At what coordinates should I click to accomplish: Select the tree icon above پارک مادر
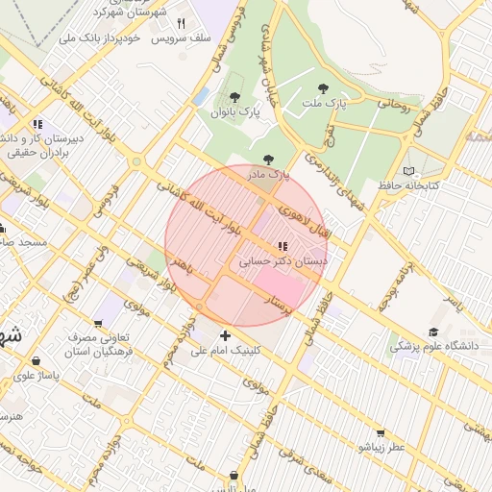(268, 160)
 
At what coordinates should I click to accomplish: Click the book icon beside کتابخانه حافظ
(409, 170)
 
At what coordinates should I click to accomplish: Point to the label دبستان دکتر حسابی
(283, 260)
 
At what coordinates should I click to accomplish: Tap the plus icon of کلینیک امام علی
(225, 335)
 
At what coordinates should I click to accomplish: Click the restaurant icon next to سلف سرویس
(180, 23)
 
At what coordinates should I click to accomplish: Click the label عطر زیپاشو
(382, 447)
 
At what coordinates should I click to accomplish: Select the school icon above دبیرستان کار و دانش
(37, 124)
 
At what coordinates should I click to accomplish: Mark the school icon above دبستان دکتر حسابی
(282, 246)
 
